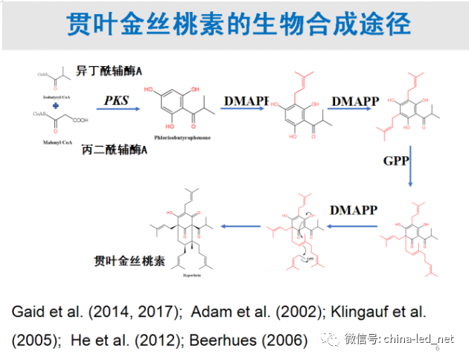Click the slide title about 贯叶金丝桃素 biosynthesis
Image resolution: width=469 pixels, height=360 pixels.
coord(237,24)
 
